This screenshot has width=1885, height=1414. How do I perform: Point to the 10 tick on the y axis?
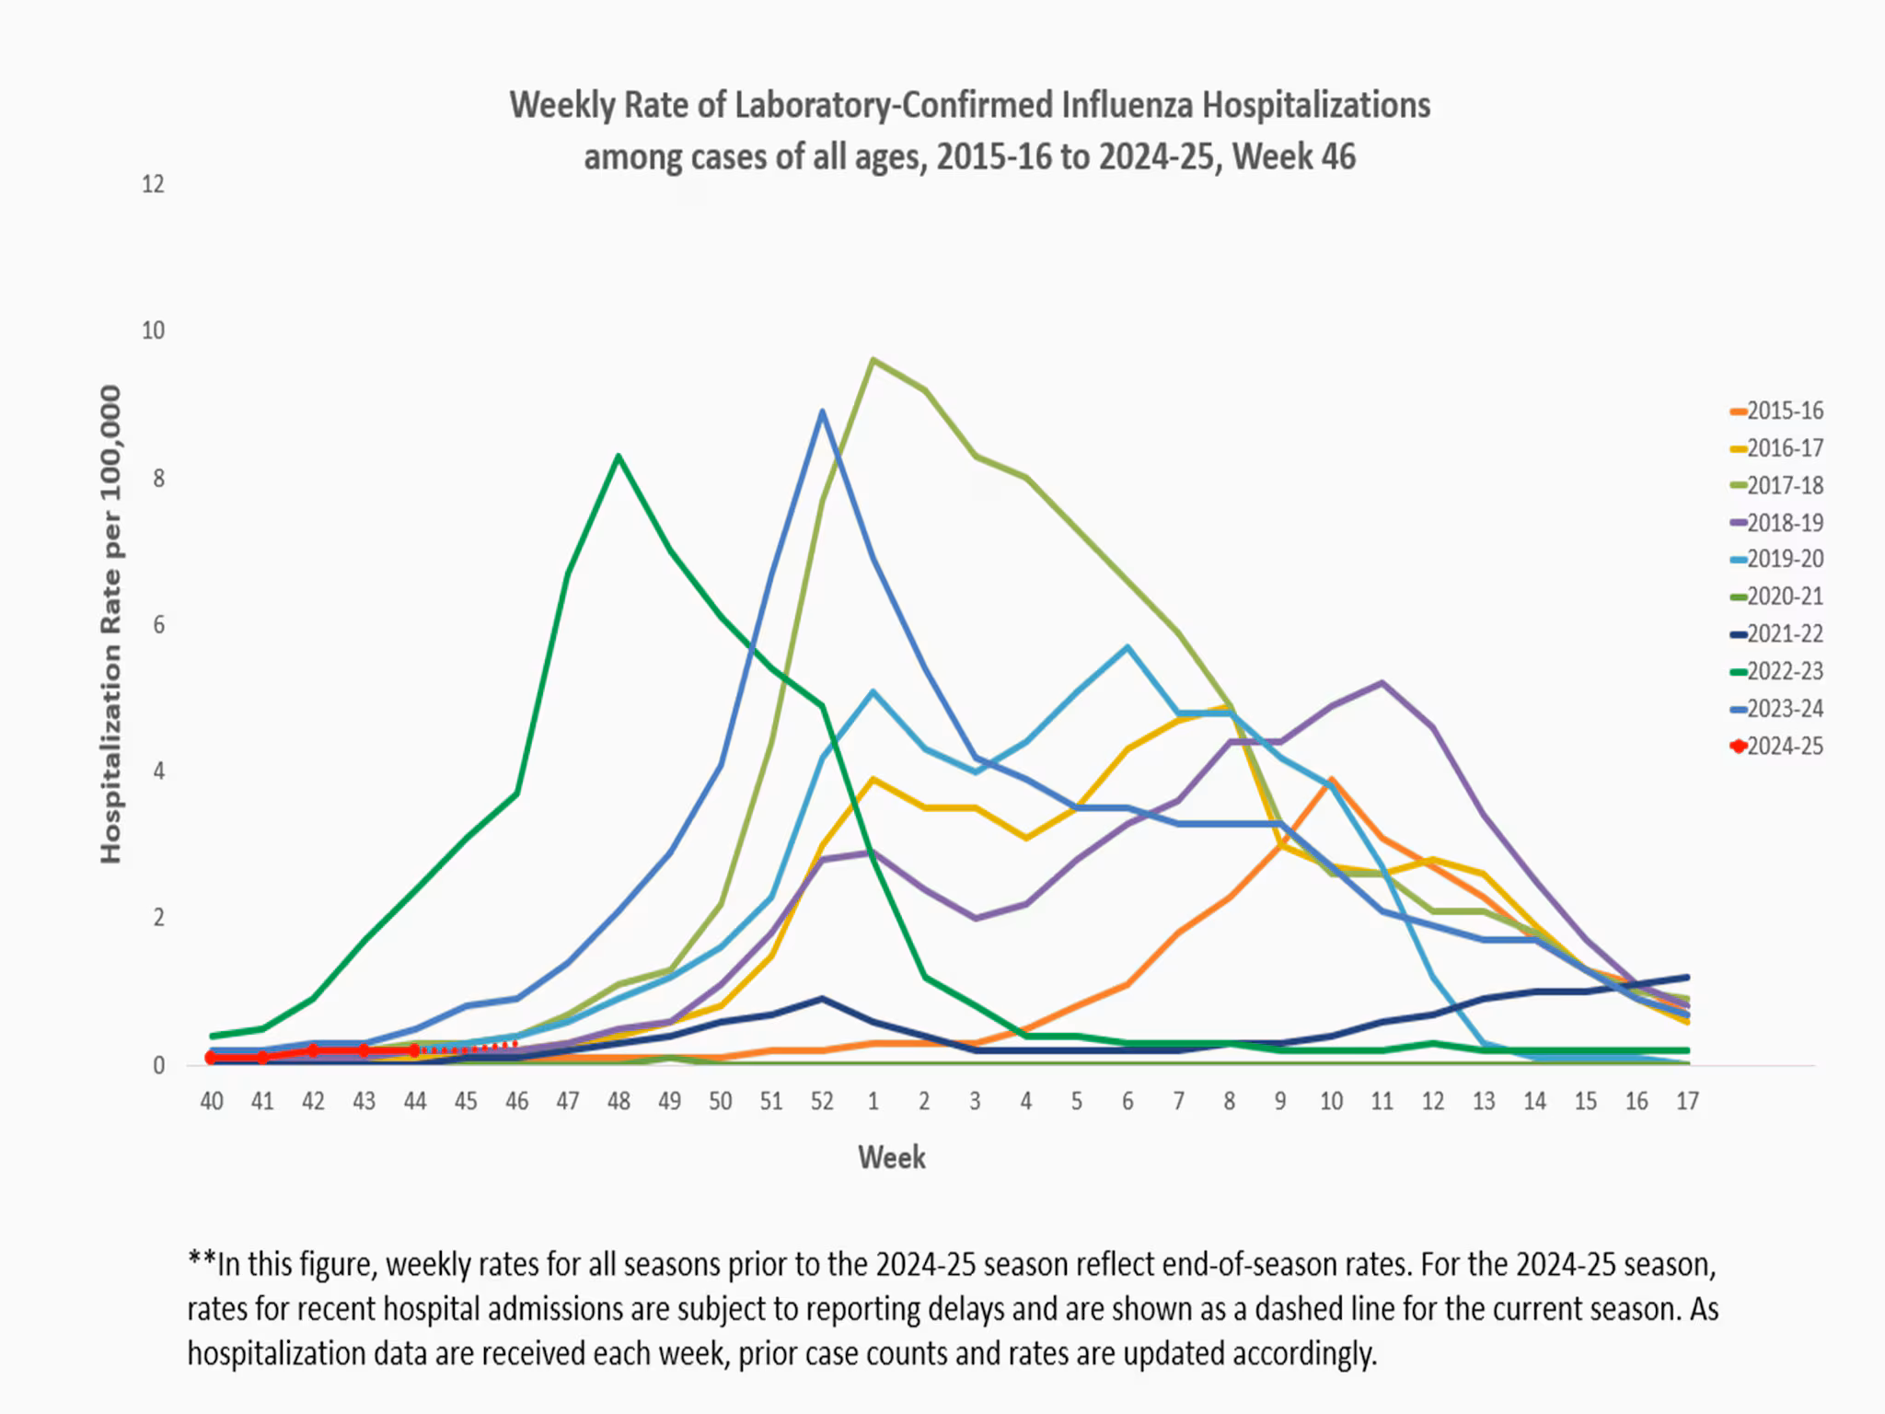pos(153,330)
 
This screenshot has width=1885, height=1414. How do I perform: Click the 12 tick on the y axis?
pos(153,184)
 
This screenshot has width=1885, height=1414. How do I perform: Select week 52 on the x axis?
pos(822,1101)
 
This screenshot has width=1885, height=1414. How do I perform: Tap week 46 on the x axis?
pos(516,1101)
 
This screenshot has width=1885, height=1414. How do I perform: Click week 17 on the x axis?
pos(1686,1101)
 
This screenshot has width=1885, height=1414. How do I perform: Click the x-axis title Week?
pos(891,1157)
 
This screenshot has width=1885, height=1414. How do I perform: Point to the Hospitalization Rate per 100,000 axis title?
pos(110,624)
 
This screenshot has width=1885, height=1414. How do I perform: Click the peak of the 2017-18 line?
pos(873,360)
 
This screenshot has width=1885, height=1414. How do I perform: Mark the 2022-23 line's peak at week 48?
pos(619,456)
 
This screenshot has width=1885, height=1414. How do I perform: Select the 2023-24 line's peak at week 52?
pos(822,411)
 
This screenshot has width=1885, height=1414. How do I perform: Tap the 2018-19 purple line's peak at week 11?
pos(1382,683)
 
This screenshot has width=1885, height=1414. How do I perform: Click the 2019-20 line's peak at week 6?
pos(1128,647)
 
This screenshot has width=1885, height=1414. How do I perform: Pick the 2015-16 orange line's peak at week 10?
pos(1331,780)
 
